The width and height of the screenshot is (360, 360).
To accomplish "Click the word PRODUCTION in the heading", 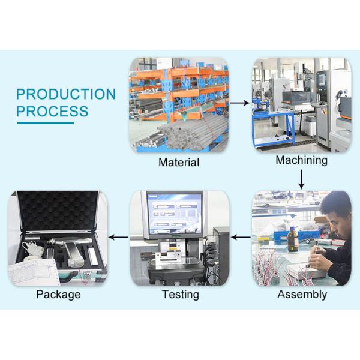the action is click(x=66, y=94).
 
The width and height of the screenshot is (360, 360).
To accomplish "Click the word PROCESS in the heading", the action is click(x=52, y=111).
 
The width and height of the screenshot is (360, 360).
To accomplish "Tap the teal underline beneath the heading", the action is click(x=45, y=123).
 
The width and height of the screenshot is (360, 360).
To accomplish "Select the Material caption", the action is click(x=179, y=163).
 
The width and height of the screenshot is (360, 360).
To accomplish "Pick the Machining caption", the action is click(x=301, y=160).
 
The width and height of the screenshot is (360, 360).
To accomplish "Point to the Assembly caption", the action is click(x=302, y=295).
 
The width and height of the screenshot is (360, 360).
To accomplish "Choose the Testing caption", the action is click(x=181, y=295).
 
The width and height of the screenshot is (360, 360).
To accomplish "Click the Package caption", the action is click(x=58, y=295).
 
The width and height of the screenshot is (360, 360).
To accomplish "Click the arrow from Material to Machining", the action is click(x=239, y=103).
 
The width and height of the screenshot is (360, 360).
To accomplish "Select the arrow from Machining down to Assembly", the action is click(x=301, y=179).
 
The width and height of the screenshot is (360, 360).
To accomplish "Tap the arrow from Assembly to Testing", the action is click(x=241, y=237).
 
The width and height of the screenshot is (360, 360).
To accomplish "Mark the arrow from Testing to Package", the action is click(x=118, y=237).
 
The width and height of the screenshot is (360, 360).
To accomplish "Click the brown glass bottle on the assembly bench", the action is click(x=293, y=239).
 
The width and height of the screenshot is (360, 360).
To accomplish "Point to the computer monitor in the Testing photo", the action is click(x=175, y=214).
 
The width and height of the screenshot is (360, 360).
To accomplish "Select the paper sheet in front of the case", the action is click(x=33, y=272).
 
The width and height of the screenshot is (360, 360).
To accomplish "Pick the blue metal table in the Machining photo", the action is click(x=273, y=128).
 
